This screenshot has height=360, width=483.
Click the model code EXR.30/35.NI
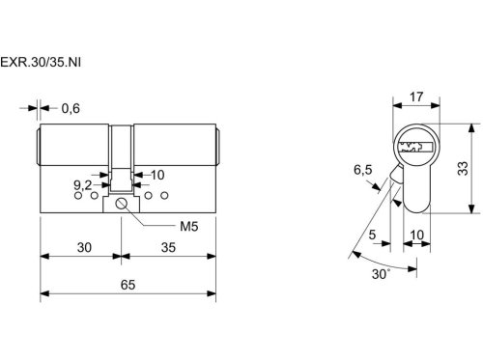pyautogui.click(x=41, y=62)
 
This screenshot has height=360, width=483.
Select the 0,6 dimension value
pyautogui.click(x=71, y=109)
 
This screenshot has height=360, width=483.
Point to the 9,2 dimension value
pyautogui.click(x=83, y=185)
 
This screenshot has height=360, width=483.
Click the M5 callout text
pyautogui.click(x=189, y=227)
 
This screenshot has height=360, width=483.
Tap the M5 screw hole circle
pyautogui.click(x=121, y=204)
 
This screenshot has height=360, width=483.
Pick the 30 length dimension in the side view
pyautogui.click(x=84, y=248)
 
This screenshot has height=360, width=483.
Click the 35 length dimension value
pyautogui.click(x=168, y=248)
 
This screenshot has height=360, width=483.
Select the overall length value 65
pyautogui.click(x=128, y=285)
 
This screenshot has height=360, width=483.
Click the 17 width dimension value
pyautogui.click(x=416, y=97)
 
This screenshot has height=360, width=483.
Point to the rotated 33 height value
pyautogui.click(x=463, y=168)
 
